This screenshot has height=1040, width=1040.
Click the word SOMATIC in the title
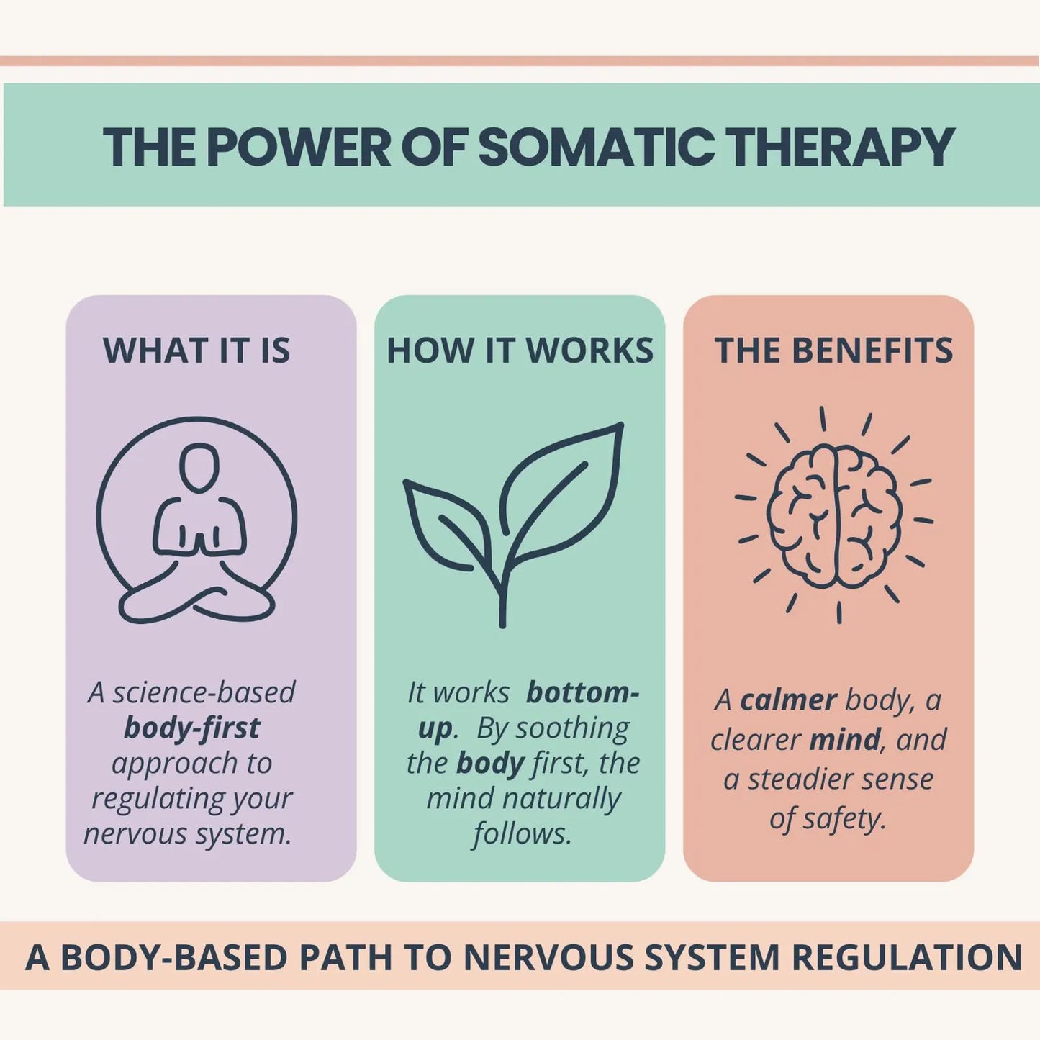point(596,148)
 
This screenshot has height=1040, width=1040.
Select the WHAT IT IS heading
point(196,351)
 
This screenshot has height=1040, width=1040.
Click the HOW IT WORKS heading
point(520,351)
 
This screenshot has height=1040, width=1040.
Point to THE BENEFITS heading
point(833,351)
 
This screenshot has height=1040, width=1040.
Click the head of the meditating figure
point(199,469)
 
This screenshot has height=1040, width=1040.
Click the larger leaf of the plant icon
point(561,489)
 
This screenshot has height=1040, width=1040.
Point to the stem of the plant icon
point(502,597)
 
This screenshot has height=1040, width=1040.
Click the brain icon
point(834,515)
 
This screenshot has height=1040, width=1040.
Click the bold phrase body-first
point(191,728)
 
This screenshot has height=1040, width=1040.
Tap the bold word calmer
point(788,700)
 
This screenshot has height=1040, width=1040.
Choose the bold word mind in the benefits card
point(844,739)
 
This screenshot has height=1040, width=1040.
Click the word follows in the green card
point(522,833)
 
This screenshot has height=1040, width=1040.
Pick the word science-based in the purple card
point(204,692)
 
